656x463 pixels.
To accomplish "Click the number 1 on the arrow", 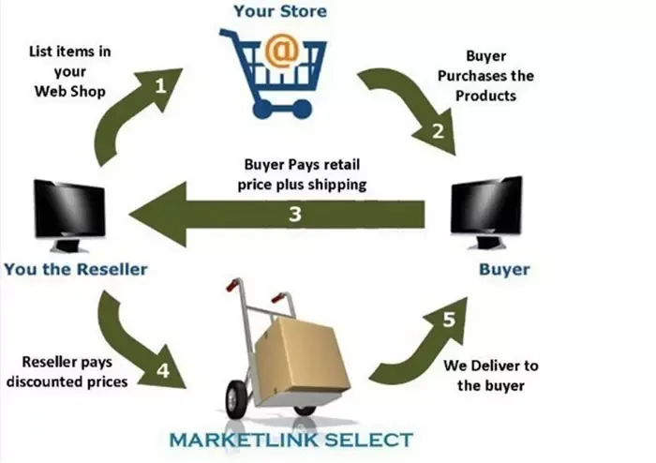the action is (x=160, y=86).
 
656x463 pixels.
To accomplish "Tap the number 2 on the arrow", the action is (x=438, y=131).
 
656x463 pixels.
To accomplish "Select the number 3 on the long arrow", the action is (x=295, y=214).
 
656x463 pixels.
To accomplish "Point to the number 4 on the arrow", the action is (x=163, y=370).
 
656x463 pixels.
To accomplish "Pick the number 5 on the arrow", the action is (x=449, y=320).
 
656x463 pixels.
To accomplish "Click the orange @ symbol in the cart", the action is (x=283, y=51).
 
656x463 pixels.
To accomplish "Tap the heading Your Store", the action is (x=280, y=11).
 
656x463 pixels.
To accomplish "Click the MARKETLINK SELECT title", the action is (x=291, y=440).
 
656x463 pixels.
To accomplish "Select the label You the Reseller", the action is (x=76, y=269).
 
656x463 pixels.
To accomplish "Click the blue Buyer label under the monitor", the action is (x=504, y=269).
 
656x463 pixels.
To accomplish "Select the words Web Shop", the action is (x=70, y=91).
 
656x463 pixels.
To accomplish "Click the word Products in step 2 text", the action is (x=485, y=96).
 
